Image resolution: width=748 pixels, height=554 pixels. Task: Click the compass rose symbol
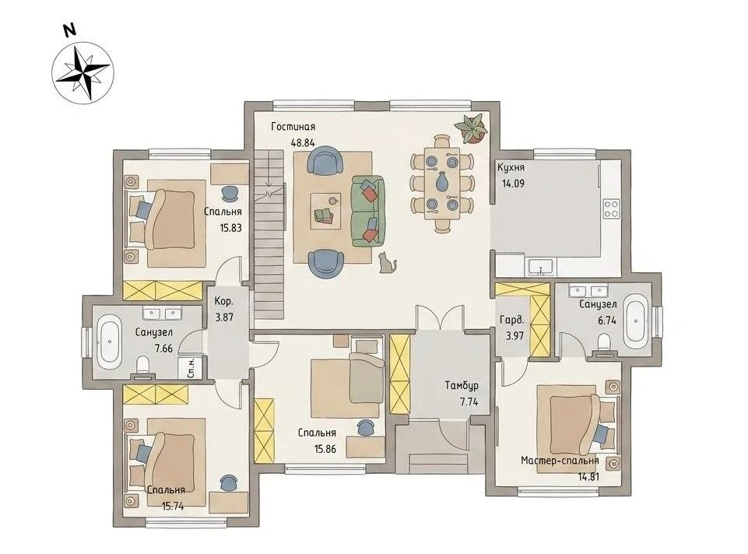(83, 72)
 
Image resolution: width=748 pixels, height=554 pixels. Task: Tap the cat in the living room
(388, 263)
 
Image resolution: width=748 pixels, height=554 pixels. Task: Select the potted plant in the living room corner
(472, 128)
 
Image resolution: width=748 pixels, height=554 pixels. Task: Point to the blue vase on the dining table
(442, 181)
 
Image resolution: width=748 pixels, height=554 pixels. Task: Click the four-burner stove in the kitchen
(611, 208)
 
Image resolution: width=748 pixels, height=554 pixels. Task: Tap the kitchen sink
(540, 267)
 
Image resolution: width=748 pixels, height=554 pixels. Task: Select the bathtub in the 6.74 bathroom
(635, 319)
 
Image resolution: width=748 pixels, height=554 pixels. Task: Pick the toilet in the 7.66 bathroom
(142, 367)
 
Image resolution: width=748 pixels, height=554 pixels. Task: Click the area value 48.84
(303, 142)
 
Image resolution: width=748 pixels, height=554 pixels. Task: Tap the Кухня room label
(511, 168)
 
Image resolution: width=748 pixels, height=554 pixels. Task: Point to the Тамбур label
(462, 386)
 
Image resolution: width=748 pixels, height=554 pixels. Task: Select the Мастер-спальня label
(560, 461)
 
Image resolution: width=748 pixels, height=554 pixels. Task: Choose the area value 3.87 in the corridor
(223, 317)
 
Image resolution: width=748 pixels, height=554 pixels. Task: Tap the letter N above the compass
(71, 30)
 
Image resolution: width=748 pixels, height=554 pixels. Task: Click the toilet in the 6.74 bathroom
(604, 344)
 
